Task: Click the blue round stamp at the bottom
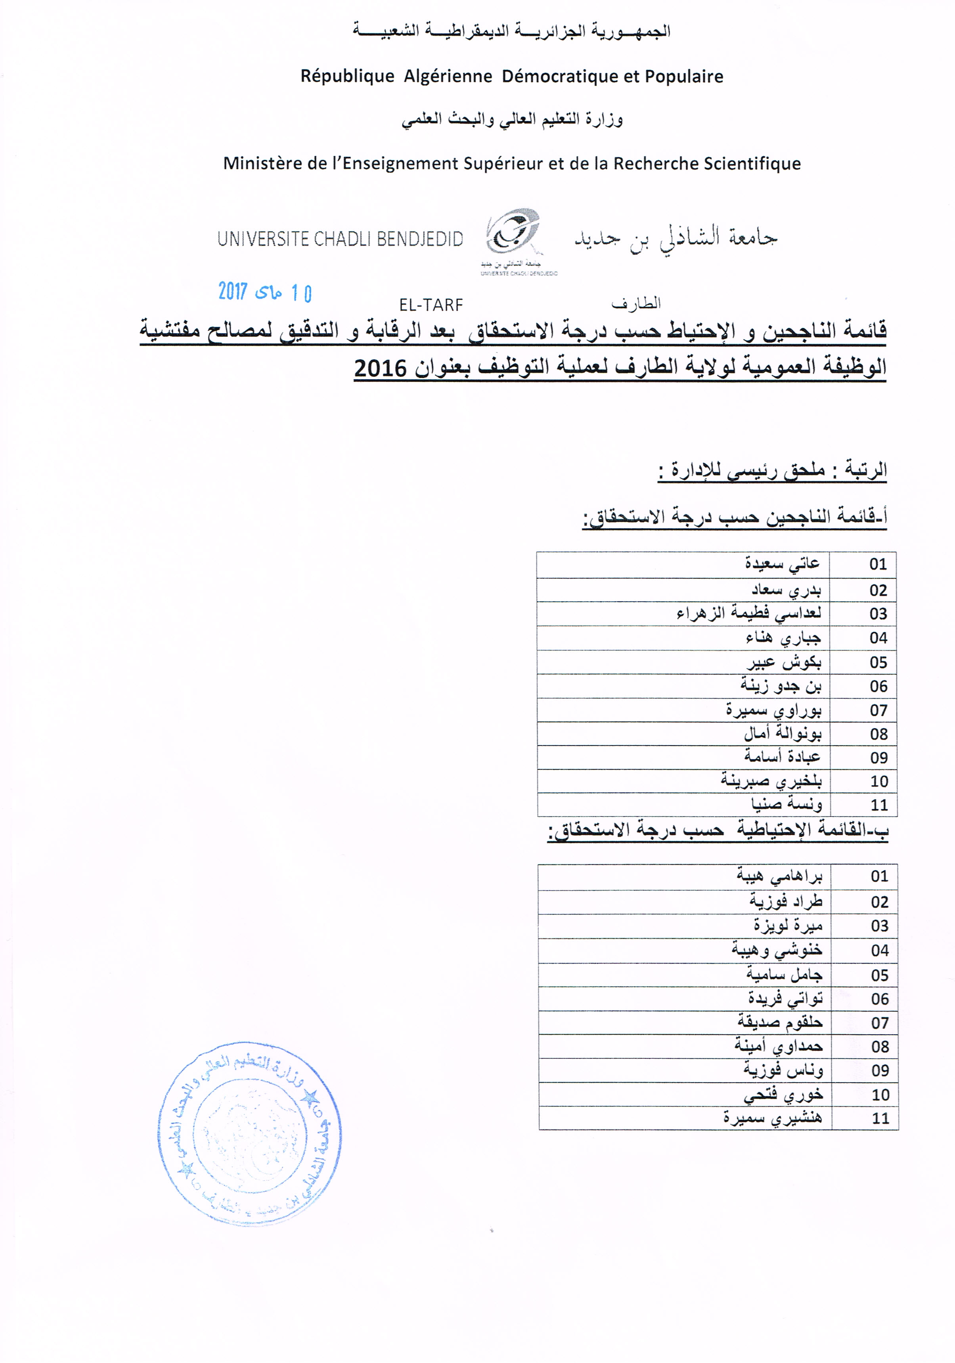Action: [x=249, y=1133]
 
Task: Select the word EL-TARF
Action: [x=431, y=305]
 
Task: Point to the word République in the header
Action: [x=347, y=77]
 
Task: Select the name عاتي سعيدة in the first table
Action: [x=782, y=564]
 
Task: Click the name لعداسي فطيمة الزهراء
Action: [x=748, y=613]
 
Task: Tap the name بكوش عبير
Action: [x=784, y=662]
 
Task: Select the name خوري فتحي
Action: [x=783, y=1095]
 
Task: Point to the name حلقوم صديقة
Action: [x=779, y=1023]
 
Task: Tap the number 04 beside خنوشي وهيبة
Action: [x=880, y=951]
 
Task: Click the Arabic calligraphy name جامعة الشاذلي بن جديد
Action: [x=676, y=238]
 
